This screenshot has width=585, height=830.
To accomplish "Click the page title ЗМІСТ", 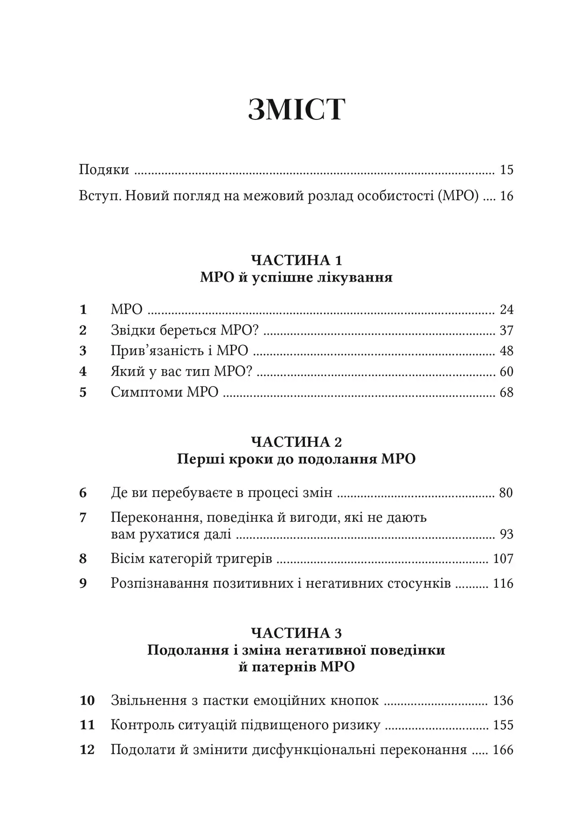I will (296, 111).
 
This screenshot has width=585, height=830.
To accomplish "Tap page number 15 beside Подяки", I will (506, 170).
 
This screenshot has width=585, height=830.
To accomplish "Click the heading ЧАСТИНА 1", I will (296, 260).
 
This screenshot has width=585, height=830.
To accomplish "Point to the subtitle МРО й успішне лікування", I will (296, 278).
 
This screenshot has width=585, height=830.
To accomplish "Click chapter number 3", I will (83, 351).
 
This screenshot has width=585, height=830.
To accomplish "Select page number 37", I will (506, 331).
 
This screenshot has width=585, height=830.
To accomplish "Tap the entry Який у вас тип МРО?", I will (182, 372).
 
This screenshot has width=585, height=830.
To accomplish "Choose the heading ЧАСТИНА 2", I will (296, 442).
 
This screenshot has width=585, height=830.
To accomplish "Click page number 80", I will (506, 493).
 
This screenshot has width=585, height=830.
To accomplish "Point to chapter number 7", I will (83, 518).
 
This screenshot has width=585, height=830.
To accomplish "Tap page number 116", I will (504, 584).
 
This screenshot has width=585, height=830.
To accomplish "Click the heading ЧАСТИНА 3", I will (296, 633).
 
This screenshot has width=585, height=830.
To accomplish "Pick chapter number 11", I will (87, 725).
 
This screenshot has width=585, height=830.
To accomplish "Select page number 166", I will (504, 750).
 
